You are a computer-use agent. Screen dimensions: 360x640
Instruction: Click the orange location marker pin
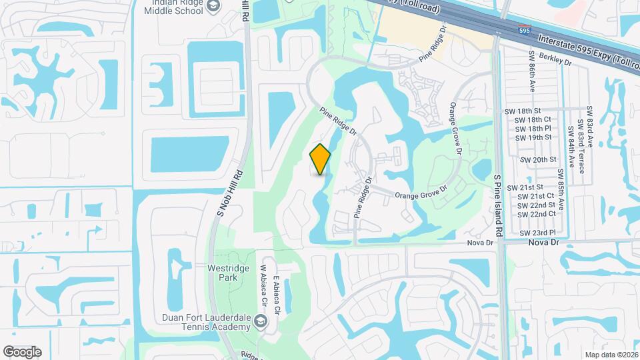(320, 159)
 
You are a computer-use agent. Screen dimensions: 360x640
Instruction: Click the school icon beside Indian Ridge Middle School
(213, 7)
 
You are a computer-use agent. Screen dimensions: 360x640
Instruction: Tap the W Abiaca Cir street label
(263, 292)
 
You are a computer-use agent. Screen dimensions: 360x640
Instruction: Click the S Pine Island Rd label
(497, 199)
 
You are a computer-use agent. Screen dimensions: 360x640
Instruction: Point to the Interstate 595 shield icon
(526, 30)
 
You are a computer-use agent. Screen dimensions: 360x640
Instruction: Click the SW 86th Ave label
(532, 79)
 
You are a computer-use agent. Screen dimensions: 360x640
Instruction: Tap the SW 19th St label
(533, 137)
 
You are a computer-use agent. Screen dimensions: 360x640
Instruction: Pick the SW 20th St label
(539, 160)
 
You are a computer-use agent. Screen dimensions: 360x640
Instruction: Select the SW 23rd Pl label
(537, 233)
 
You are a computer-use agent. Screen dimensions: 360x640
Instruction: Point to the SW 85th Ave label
(562, 188)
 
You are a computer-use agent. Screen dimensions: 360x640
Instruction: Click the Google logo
(22, 351)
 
